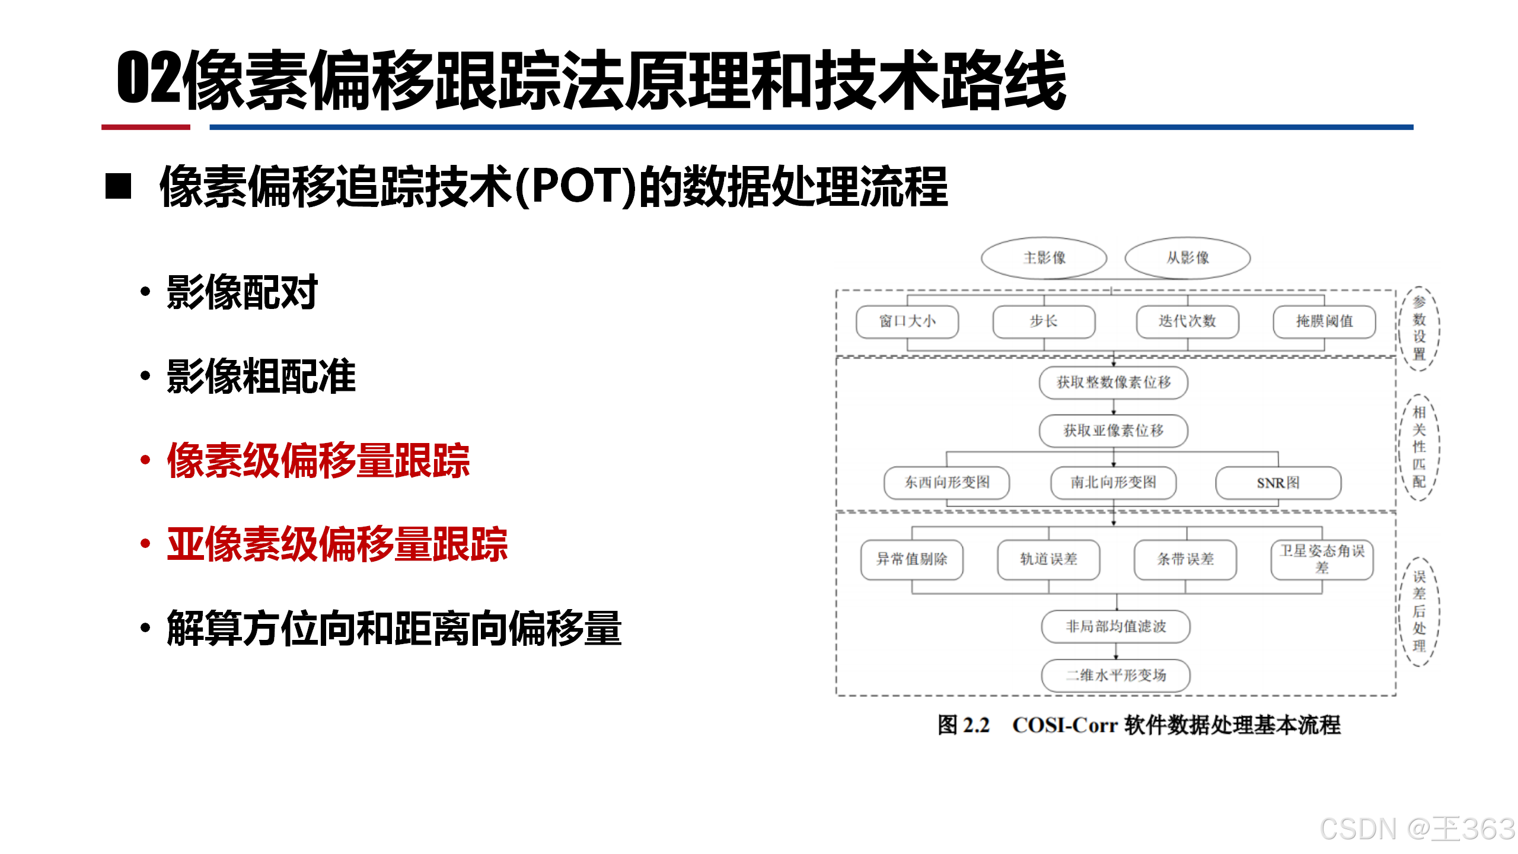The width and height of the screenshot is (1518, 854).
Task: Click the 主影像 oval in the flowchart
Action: coord(1044,258)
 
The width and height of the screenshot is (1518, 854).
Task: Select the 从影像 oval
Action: coord(1187,258)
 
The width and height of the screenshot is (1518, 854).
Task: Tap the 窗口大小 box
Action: coord(907,321)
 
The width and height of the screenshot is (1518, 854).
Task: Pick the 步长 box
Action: coord(1044,321)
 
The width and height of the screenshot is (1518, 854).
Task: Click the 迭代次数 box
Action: coord(1187,321)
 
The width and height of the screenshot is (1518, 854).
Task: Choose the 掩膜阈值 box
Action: coord(1324,321)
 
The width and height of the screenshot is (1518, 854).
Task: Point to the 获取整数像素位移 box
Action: coord(1113,383)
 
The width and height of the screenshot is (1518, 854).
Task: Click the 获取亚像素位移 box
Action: coord(1113,431)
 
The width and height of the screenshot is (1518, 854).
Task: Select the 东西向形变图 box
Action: coord(946,483)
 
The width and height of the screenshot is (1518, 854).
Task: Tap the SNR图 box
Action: coord(1278,483)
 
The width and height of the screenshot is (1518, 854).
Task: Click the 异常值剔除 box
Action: coord(911,559)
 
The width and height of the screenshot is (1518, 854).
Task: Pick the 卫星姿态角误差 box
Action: coord(1322,559)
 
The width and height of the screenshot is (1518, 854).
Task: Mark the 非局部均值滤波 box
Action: coord(1115,626)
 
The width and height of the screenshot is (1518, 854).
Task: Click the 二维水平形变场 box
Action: coord(1115,675)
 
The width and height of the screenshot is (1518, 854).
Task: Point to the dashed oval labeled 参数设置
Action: coord(1418,329)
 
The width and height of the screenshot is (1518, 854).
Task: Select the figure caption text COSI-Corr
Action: coord(1064,725)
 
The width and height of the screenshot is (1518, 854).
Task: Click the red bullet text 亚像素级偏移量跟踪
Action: coord(337,544)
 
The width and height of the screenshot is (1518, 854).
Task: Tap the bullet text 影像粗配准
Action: coord(261,376)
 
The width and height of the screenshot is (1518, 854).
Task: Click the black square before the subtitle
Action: coord(118,186)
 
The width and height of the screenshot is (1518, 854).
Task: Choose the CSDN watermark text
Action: coord(1417,828)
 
